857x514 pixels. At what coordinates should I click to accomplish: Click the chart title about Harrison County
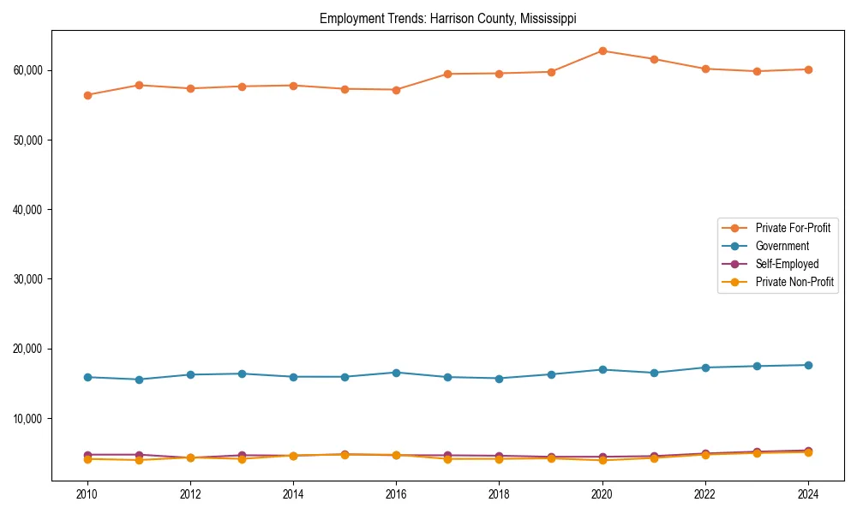[447, 18]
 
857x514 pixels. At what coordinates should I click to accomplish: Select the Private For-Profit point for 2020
[602, 51]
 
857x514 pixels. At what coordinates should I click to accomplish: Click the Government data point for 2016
[396, 373]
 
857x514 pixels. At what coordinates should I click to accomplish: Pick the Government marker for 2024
[808, 365]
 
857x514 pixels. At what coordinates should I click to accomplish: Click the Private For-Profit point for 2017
[448, 74]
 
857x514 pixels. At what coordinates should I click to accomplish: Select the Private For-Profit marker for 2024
[808, 69]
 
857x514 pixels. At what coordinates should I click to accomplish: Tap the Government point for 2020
[602, 369]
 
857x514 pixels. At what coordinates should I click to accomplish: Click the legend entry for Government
[782, 246]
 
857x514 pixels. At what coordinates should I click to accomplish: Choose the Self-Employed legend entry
[787, 264]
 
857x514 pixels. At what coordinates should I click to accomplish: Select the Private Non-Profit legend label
[794, 282]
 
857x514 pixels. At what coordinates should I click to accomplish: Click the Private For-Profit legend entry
[793, 228]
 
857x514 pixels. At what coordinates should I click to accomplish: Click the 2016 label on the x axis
[396, 494]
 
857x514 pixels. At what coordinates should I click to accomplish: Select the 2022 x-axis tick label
[705, 494]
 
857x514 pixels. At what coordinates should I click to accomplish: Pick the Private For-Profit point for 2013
[242, 87]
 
